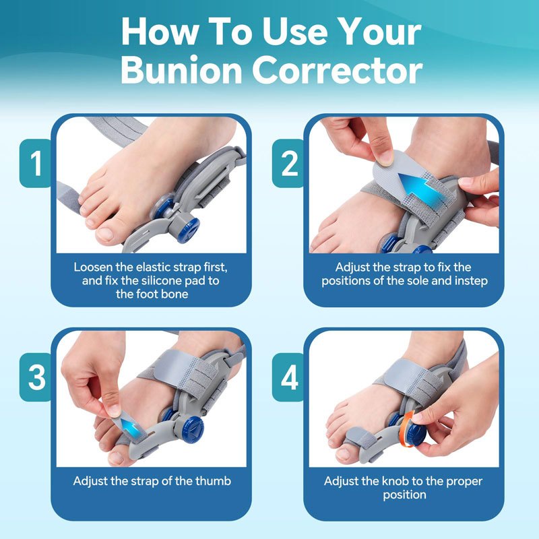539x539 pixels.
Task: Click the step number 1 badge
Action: click(36, 163)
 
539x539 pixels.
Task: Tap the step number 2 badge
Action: click(288, 163)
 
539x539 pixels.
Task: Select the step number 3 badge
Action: click(36, 377)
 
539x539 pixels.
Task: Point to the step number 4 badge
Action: click(288, 377)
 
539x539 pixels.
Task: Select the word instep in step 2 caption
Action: click(471, 281)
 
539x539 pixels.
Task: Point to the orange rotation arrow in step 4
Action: click(407, 429)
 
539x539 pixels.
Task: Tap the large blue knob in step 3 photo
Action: click(193, 429)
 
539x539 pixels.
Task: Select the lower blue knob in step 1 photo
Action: click(189, 230)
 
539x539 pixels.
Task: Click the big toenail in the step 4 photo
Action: click(343, 453)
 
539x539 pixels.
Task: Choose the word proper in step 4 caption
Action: click(464, 482)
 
